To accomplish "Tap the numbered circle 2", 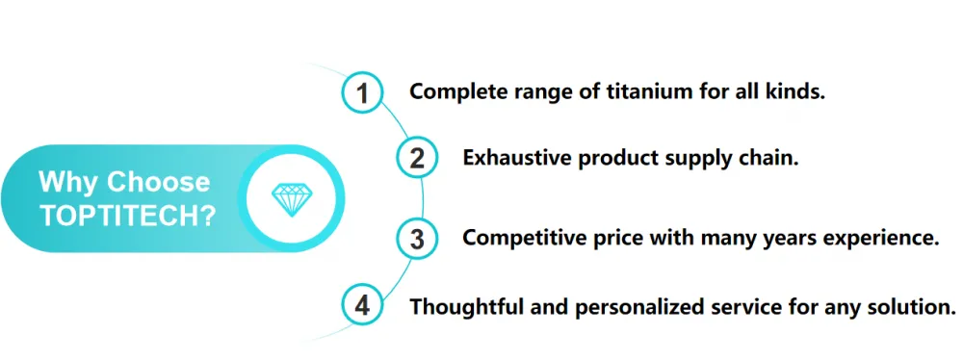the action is pyautogui.click(x=417, y=158).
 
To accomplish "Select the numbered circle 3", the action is pyautogui.click(x=417, y=239).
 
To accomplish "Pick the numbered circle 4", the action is pyautogui.click(x=363, y=305).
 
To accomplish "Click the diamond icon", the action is pyautogui.click(x=292, y=199).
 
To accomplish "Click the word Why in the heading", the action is pyautogui.click(x=68, y=182).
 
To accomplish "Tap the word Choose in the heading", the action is pyautogui.click(x=159, y=182).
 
